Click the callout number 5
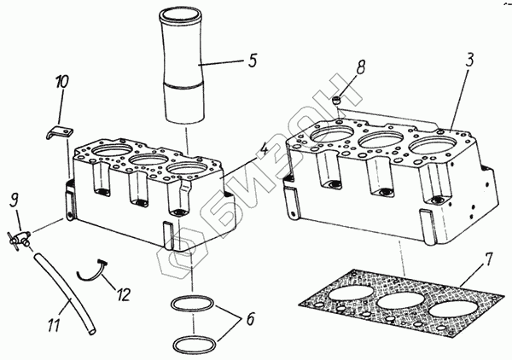[252, 60]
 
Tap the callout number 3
[469, 59]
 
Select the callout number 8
[359, 67]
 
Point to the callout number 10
[61, 82]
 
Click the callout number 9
[14, 200]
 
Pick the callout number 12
[123, 294]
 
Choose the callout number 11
[55, 325]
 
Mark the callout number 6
[250, 319]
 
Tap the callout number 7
[487, 260]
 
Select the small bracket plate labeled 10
[60, 132]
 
